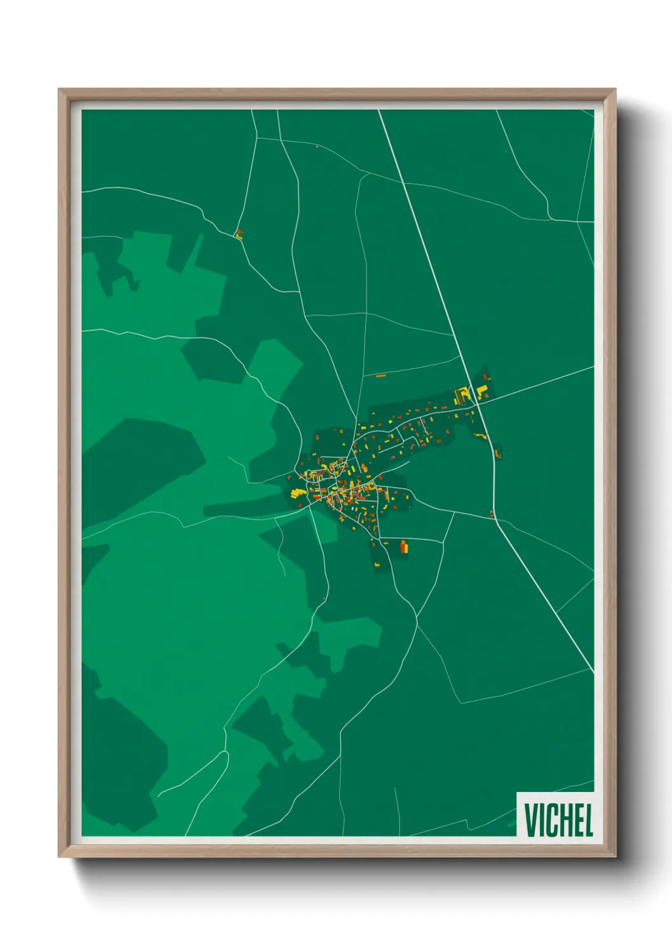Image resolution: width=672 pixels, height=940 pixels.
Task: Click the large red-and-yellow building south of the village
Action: pos(403,546)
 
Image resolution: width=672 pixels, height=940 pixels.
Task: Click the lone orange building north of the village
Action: pos(381,376)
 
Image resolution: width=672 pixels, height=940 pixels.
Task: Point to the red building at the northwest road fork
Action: pos(239,233)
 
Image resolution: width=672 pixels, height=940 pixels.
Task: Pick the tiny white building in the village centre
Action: pos(354,508)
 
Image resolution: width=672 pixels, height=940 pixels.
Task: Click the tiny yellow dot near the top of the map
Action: pos(317,147)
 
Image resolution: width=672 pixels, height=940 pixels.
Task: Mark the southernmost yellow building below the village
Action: pos(377,564)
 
